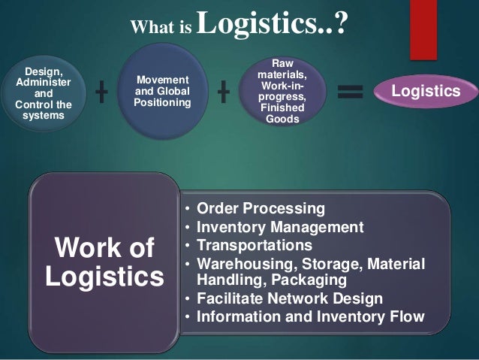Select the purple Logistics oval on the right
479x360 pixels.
(x=426, y=92)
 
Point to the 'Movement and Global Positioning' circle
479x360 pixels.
(x=161, y=92)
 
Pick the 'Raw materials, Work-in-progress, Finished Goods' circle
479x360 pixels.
(x=282, y=92)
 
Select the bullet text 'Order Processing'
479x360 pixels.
(x=260, y=208)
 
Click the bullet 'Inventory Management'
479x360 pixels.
(x=279, y=227)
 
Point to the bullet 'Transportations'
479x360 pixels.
(x=255, y=245)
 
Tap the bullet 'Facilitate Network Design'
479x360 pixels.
(x=289, y=298)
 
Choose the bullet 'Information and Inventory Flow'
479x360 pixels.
(x=310, y=316)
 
